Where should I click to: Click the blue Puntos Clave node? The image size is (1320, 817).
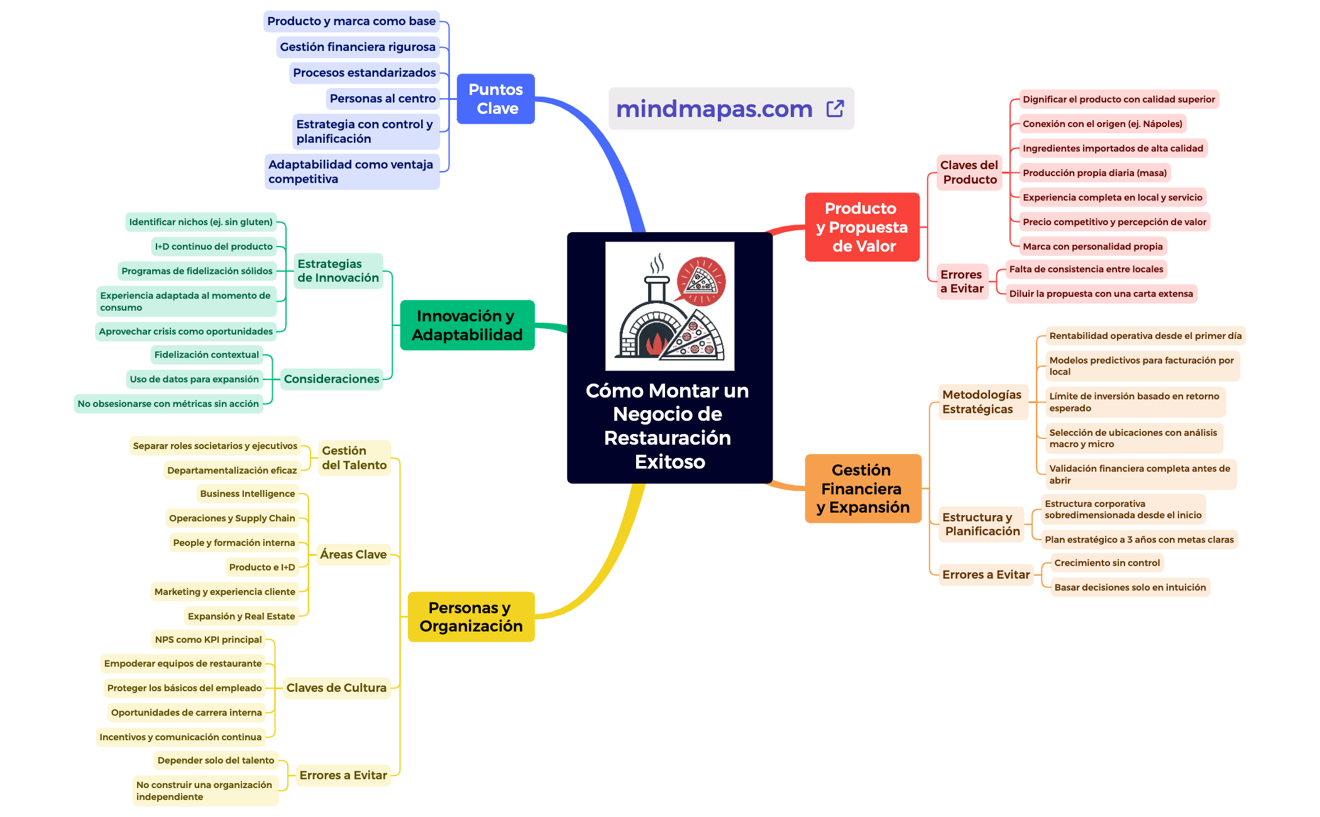point(496,99)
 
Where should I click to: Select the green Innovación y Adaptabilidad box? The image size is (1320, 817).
point(467,325)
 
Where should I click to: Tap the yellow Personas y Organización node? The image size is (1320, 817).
point(471,616)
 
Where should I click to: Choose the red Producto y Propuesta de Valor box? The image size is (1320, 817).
point(862,227)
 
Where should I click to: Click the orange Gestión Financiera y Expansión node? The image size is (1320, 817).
point(863,489)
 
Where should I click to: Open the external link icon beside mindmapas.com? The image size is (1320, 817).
point(835,109)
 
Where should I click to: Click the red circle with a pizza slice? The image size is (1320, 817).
point(701,281)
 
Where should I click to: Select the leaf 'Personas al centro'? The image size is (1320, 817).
point(382,98)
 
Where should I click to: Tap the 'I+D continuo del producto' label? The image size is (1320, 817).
point(214,247)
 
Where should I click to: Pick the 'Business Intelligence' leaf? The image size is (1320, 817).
point(248,494)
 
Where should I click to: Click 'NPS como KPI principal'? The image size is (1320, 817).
point(209,640)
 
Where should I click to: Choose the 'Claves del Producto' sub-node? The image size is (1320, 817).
point(969,172)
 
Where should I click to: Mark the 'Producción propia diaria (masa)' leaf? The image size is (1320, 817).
point(1094,173)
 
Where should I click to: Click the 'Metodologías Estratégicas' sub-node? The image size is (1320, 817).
point(982,402)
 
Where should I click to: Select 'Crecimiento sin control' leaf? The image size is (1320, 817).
point(1107,563)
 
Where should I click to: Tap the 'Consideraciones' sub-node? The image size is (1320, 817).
point(331,379)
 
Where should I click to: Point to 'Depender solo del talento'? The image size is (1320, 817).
point(216,760)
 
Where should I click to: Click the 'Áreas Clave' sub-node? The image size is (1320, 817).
point(353,555)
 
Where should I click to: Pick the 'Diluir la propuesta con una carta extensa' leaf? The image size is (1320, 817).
point(1101,294)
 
